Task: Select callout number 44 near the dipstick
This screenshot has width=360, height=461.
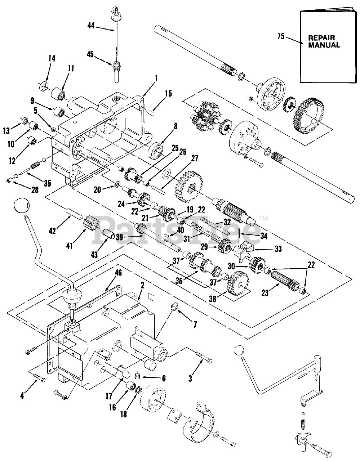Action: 91,25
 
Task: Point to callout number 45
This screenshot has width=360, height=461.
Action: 90,54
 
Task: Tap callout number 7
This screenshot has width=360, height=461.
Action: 195,325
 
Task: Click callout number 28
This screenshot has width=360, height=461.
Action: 35,190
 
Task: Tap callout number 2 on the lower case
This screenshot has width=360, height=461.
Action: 142,286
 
